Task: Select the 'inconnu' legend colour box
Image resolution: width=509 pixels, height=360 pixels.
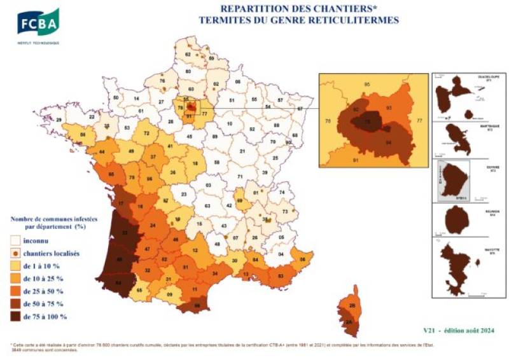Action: tap(17, 241)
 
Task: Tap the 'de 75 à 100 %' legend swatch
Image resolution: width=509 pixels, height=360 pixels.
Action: tap(17, 315)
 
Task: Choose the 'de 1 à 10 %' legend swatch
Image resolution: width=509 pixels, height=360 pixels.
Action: tap(17, 266)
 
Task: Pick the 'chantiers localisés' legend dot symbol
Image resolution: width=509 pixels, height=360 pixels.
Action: tap(17, 253)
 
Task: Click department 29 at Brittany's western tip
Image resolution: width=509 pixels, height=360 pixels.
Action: tap(60, 120)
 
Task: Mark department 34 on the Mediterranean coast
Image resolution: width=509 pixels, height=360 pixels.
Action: tap(218, 274)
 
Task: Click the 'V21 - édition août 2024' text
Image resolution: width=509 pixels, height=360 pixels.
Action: tap(457, 330)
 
